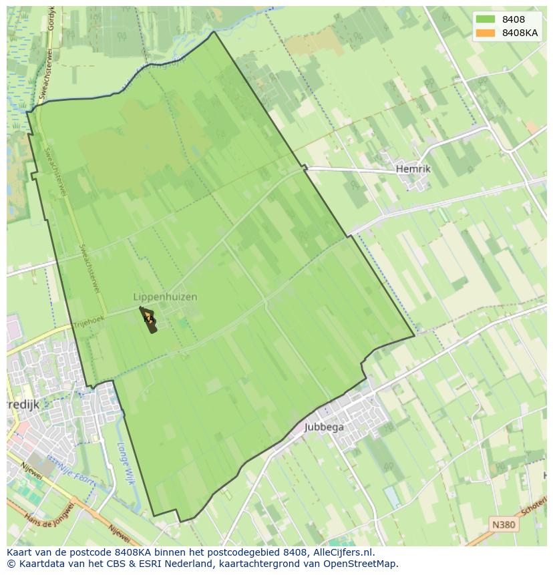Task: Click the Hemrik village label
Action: (413, 169)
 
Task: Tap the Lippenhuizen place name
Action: (165, 297)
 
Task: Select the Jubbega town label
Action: (325, 427)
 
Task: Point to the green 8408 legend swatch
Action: (485, 19)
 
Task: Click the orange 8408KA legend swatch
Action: (485, 33)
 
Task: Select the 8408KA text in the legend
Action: (520, 33)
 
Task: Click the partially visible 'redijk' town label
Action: (23, 405)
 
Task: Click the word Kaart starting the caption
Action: (20, 552)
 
